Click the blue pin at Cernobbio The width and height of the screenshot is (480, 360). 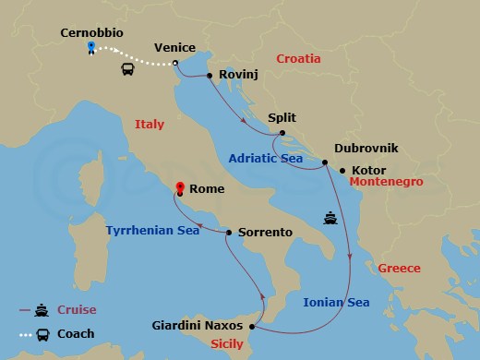pos(90,47)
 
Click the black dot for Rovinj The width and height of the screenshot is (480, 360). pos(210,76)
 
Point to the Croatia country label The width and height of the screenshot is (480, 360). pos(293,58)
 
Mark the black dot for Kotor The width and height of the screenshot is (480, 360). pos(342,170)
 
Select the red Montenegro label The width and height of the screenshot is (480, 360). pos(386,182)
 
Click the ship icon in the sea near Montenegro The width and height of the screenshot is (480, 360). pos(330,218)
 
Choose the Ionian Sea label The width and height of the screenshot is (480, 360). pos(337,302)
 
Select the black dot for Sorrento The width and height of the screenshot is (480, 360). pos(229,233)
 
